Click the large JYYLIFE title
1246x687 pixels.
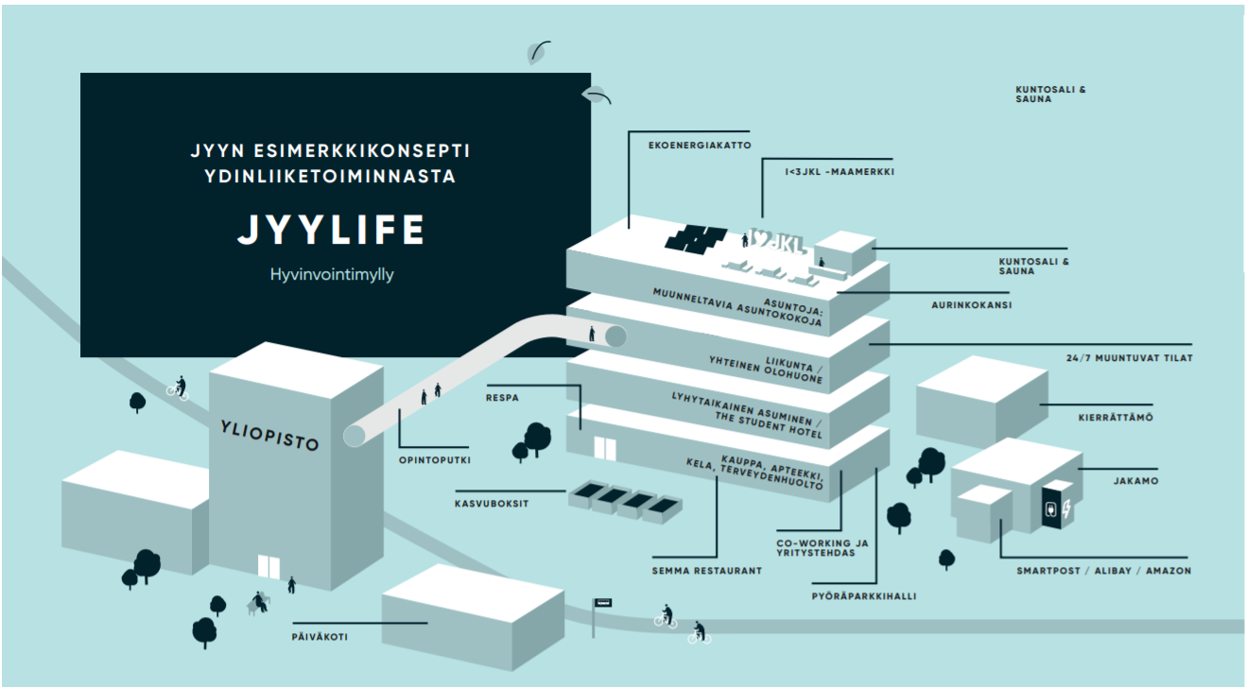click(x=331, y=231)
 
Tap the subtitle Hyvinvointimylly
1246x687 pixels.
click(x=331, y=275)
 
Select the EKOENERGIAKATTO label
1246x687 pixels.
click(x=700, y=146)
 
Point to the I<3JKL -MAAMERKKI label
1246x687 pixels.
click(x=839, y=172)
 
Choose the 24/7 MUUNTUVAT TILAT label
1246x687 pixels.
click(x=1126, y=358)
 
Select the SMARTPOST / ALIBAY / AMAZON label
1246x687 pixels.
click(x=1103, y=571)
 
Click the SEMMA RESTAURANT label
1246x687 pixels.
click(x=706, y=571)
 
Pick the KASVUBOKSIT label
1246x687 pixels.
click(x=492, y=504)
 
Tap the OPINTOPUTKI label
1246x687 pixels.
click(x=434, y=460)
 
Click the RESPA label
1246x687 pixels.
click(x=502, y=398)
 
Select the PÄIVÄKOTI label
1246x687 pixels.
click(x=320, y=637)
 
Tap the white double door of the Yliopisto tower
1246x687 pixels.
click(x=269, y=567)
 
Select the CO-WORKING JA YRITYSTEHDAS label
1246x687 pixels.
click(x=822, y=548)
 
